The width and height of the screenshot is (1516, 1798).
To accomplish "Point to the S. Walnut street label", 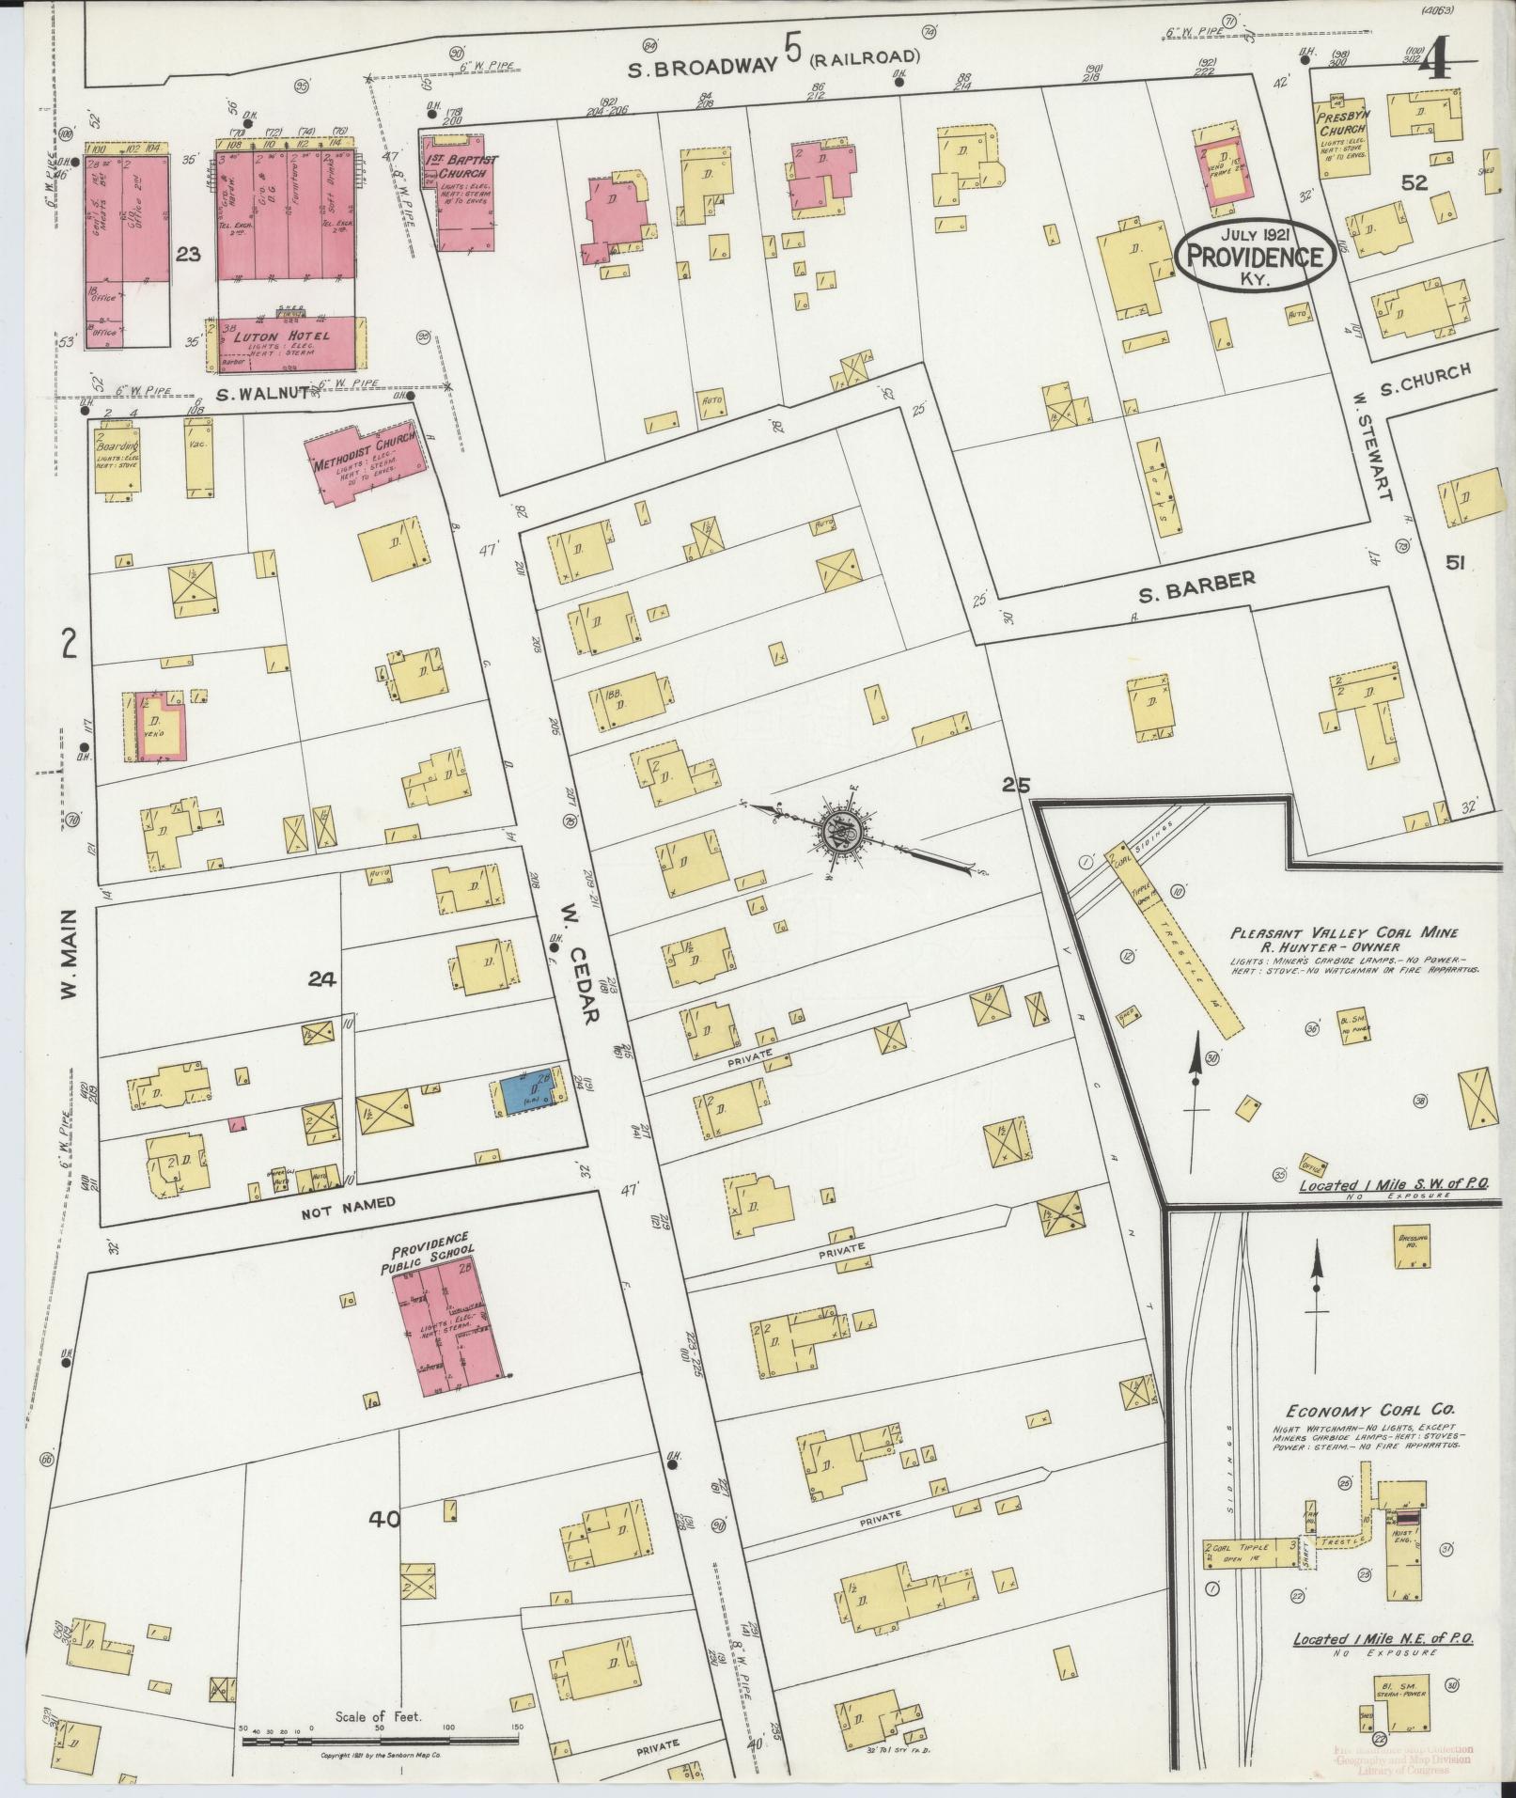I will pos(261,393).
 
